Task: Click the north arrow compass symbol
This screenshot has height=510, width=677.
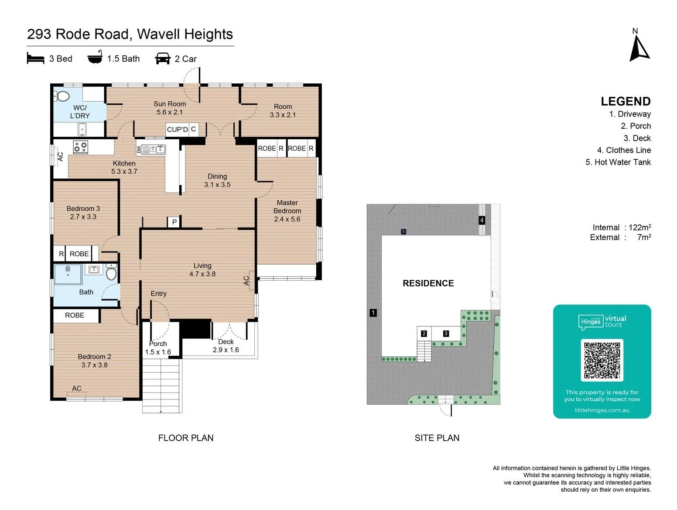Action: pos(639,49)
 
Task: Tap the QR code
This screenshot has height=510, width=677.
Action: pos(602,360)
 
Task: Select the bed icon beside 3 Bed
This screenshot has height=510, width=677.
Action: pos(35,58)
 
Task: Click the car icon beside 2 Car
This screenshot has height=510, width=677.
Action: pos(163,59)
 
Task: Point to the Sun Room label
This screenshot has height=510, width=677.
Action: pos(170,104)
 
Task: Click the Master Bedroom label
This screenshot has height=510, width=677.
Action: pos(287,207)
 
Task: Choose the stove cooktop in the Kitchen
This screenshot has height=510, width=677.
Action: pos(81,147)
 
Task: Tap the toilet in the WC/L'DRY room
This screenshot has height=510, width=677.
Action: pos(62,96)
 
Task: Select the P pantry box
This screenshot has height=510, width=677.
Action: pos(174,222)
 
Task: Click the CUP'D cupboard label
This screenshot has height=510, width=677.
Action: pos(178,130)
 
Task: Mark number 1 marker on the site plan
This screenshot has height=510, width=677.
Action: pos(373,313)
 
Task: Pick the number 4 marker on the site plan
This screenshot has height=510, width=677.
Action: pos(482,220)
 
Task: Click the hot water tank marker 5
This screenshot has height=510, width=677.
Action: pos(403,231)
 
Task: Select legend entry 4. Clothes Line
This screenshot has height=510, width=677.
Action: pos(624,150)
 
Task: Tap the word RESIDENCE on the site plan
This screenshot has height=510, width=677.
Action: pos(428,283)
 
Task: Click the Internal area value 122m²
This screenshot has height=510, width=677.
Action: pos(639,227)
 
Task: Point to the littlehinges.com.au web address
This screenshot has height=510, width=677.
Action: pos(602,410)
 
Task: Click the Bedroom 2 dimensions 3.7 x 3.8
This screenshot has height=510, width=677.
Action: pos(94,365)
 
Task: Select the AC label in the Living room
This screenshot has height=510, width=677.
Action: pos(246,281)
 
